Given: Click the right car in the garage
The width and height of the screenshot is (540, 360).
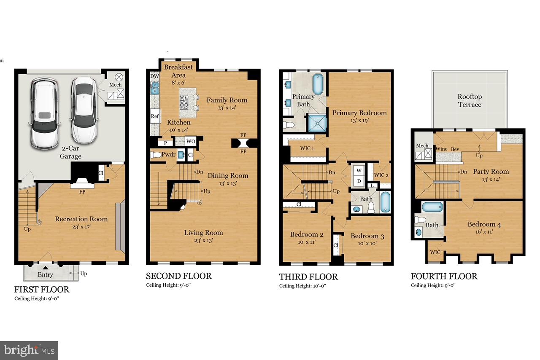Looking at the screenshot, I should [83, 110].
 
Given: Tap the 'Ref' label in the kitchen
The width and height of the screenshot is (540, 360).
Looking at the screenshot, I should [154, 116].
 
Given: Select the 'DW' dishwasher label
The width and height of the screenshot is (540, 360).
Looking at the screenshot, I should [154, 76].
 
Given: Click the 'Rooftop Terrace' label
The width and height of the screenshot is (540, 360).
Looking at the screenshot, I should [470, 100].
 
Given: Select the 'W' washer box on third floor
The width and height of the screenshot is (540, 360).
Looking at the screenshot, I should [359, 171].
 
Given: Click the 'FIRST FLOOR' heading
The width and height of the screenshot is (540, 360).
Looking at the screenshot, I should [42, 290].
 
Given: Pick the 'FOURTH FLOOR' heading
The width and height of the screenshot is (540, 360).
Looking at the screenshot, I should [444, 276].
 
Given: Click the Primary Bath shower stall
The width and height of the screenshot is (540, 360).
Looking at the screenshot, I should [319, 124].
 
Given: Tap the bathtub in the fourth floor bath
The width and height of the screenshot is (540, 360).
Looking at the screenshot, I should [432, 207].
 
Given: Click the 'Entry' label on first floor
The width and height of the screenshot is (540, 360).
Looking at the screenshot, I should [45, 275].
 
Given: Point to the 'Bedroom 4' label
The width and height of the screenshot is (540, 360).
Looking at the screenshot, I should [481, 224].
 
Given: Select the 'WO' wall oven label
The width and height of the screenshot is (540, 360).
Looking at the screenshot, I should [191, 142].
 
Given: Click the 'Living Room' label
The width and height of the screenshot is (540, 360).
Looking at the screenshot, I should [203, 233].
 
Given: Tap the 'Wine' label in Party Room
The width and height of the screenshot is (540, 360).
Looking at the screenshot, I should [441, 149].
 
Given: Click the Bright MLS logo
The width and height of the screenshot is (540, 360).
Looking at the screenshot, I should [29, 350].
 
